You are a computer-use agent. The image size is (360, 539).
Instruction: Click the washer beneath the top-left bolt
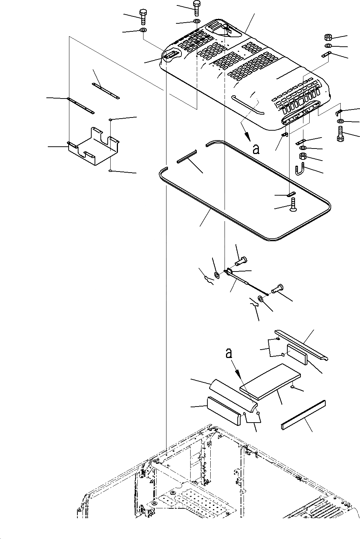pos(143,30)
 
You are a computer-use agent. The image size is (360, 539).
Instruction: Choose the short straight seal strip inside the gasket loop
pos(187,157)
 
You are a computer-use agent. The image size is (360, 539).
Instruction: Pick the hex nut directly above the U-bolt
pos(303,157)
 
